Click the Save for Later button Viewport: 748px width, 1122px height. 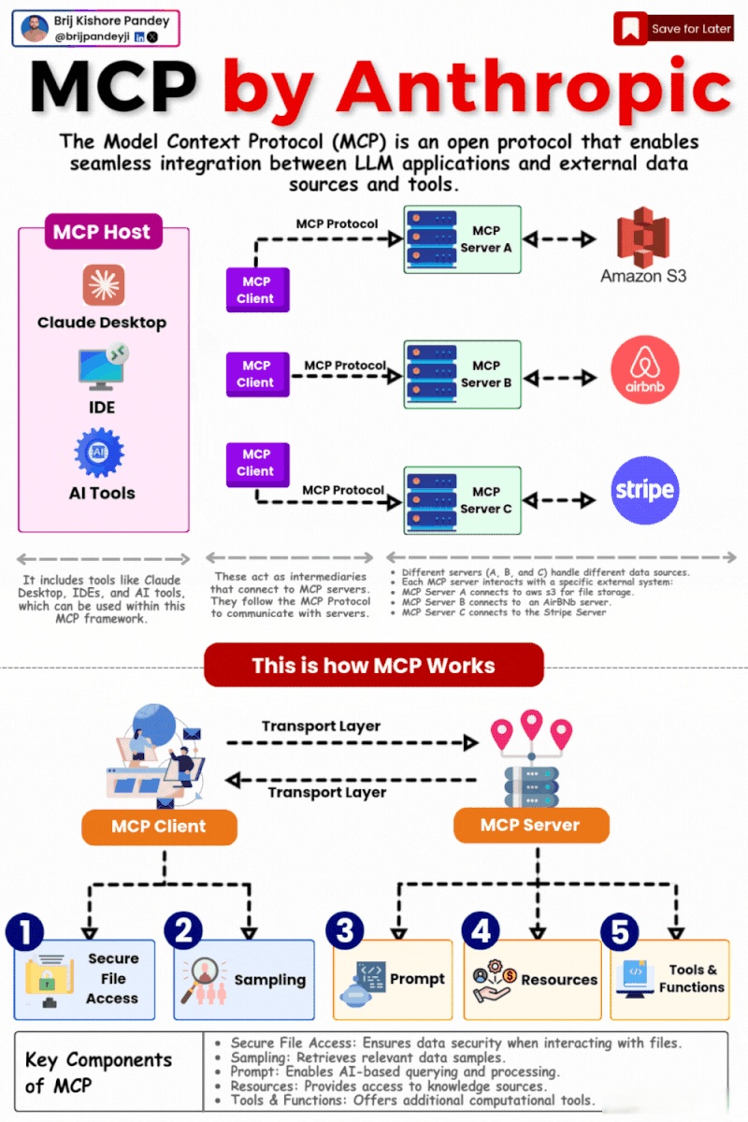(673, 28)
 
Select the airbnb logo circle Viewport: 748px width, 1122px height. (644, 371)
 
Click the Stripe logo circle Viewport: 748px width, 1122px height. (644, 490)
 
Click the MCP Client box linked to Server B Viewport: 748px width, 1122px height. (256, 374)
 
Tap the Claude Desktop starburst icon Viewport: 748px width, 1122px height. (103, 285)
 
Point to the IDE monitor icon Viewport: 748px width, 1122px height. (103, 369)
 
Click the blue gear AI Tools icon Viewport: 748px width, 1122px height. (100, 453)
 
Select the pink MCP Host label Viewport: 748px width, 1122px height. (103, 231)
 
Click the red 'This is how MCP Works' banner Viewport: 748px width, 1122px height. (373, 666)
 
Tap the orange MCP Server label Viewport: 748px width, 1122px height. (530, 825)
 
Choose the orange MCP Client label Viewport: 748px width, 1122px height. (159, 826)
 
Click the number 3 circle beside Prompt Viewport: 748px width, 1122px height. (345, 930)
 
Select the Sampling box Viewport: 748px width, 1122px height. (244, 979)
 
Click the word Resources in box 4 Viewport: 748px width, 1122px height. (559, 980)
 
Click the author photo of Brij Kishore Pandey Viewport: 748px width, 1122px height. (35, 29)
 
